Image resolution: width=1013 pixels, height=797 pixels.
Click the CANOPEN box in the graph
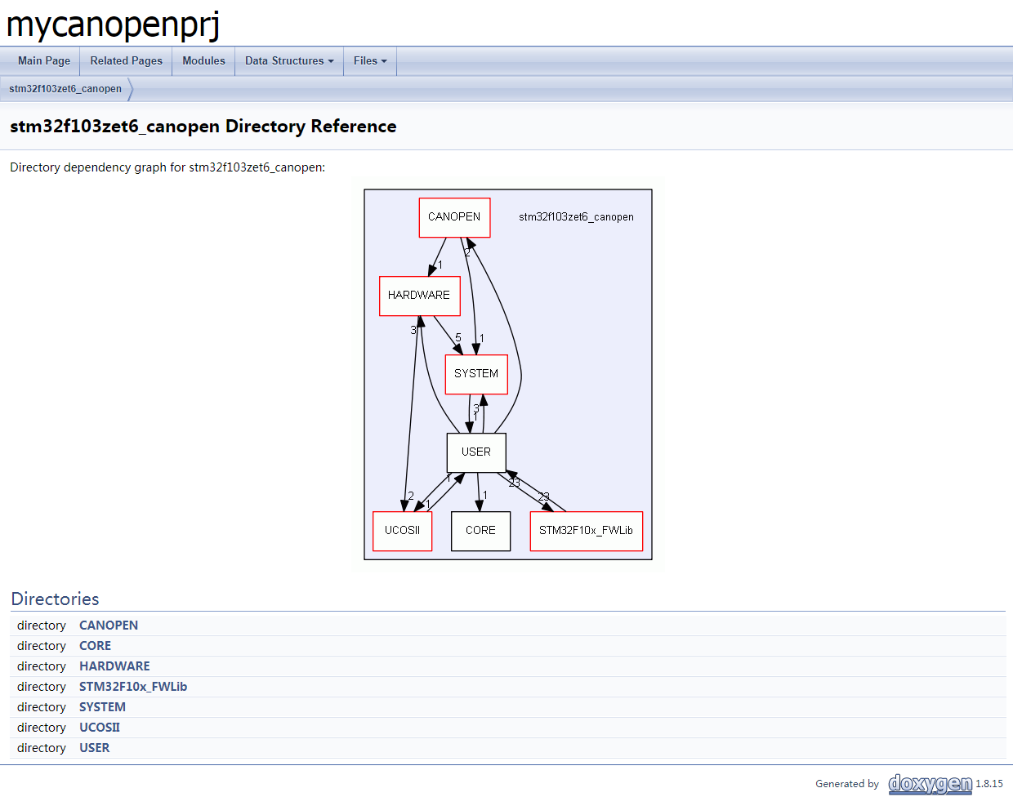click(454, 217)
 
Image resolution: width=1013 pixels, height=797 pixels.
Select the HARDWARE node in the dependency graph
click(419, 296)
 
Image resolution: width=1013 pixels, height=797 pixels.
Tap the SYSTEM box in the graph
click(476, 374)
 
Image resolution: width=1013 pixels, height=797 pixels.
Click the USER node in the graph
click(476, 452)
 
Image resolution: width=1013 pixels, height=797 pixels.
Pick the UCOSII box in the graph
click(402, 531)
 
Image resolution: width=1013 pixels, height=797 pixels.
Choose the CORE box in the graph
click(480, 531)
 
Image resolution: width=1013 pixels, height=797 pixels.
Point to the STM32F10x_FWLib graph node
click(586, 531)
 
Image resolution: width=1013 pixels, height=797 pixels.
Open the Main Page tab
click(44, 61)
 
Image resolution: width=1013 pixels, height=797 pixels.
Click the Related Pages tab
click(126, 61)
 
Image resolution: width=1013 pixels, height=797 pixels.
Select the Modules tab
click(203, 61)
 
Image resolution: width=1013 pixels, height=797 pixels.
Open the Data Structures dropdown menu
click(289, 61)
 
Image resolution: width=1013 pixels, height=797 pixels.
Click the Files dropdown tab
click(370, 61)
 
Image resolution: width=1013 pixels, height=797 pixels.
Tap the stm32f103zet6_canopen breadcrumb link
click(65, 89)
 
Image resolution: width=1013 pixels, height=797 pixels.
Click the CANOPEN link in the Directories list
click(109, 626)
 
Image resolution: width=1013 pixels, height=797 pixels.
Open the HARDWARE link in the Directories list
click(114, 666)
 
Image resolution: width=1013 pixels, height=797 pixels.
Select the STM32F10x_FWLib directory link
click(133, 687)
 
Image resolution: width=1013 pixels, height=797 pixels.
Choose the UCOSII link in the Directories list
click(100, 728)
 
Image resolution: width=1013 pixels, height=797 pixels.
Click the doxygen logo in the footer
click(930, 784)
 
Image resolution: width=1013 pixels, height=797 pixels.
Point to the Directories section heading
click(55, 599)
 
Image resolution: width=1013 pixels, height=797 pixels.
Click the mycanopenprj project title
click(113, 24)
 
